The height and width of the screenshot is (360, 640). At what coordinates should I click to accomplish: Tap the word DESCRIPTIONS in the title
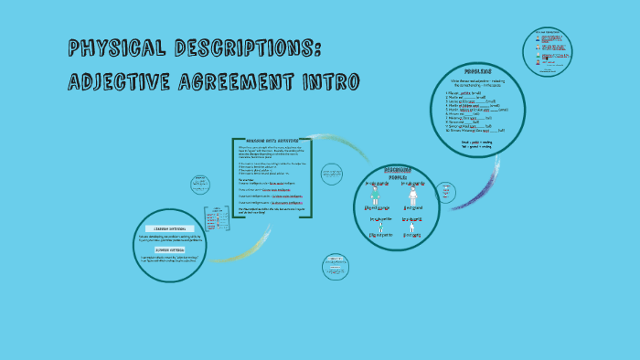click(247, 47)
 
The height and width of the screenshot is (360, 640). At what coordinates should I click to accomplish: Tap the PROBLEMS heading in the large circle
click(477, 70)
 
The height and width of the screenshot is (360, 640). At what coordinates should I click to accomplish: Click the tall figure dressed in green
click(374, 194)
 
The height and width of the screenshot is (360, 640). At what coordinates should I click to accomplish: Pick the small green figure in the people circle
click(374, 228)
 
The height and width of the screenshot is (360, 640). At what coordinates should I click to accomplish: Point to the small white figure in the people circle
click(413, 228)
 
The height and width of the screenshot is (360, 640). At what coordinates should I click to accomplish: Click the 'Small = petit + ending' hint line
click(476, 143)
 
